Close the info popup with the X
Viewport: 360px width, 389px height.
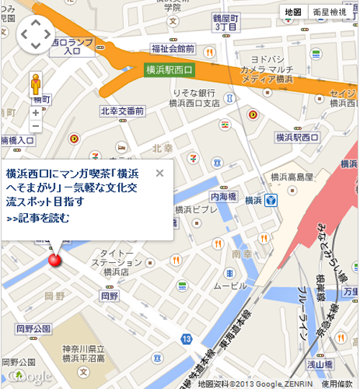click(160, 173)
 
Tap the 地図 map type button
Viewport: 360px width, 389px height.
click(292, 12)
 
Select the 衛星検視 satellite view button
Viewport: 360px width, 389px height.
click(329, 12)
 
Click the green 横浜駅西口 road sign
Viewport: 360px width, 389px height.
click(169, 70)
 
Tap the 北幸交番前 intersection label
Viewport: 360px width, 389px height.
click(122, 111)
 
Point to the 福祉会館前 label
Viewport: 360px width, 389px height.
click(173, 49)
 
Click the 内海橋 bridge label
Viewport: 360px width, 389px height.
click(224, 195)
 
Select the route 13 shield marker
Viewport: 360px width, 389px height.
click(186, 339)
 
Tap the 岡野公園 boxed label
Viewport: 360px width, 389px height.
click(33, 328)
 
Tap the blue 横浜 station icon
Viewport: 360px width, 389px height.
click(271, 200)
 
